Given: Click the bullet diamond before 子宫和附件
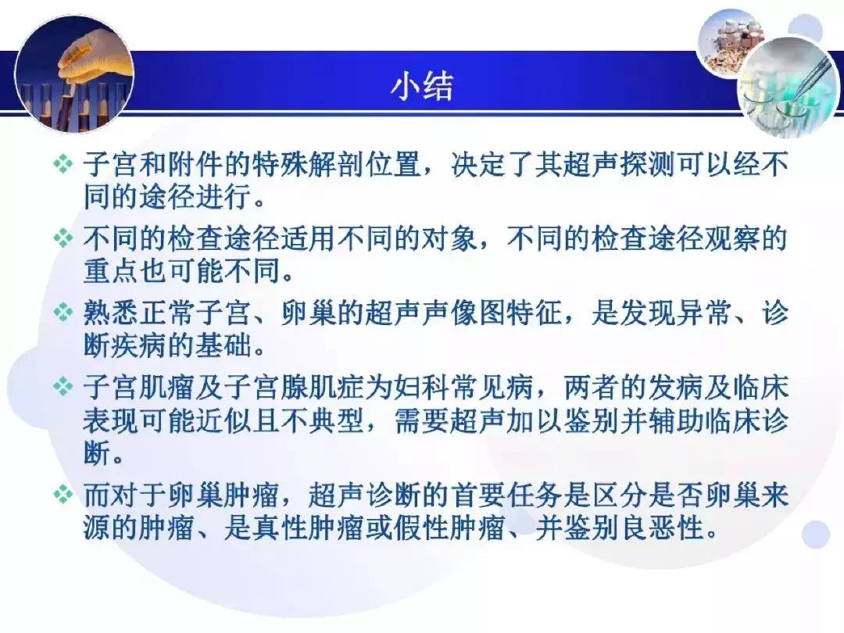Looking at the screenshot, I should click(x=62, y=166).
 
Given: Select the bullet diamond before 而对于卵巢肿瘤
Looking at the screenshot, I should click(x=62, y=496).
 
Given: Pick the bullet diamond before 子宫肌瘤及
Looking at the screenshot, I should click(x=62, y=386).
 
